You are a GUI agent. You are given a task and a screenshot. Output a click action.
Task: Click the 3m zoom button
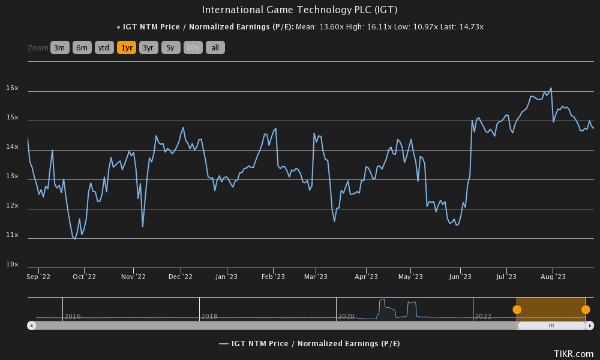[x=60, y=47]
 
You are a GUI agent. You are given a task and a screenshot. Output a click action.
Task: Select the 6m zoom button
[x=82, y=47]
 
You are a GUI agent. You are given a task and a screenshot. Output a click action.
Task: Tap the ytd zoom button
[x=104, y=47]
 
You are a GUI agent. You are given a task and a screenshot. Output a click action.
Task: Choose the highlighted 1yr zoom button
[x=127, y=47]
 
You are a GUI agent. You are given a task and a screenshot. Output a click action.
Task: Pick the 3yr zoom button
[x=148, y=47]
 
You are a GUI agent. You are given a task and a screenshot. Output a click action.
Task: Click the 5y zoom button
[x=170, y=47]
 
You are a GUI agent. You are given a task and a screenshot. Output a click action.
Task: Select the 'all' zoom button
[x=215, y=47]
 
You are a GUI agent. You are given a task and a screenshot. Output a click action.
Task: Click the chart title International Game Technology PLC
[x=299, y=10]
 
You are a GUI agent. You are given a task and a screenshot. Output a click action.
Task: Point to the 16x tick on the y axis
[x=13, y=88]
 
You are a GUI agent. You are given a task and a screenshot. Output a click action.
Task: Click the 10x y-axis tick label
[x=13, y=265]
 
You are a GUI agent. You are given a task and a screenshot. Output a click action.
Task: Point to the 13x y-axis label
[x=13, y=176]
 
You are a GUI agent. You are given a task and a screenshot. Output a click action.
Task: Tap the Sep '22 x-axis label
[x=38, y=277]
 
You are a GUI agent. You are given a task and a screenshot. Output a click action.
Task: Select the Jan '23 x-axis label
[x=227, y=277]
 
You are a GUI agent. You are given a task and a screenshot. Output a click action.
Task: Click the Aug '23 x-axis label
[x=553, y=277]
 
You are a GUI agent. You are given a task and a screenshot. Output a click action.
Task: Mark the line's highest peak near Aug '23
[x=551, y=88]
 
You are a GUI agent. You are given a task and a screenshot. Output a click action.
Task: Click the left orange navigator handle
[x=517, y=310]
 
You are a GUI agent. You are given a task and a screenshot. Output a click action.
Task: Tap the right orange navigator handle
[x=586, y=310]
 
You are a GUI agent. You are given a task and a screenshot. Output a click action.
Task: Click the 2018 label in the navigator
[x=209, y=316]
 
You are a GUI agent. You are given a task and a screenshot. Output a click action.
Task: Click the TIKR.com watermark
[x=574, y=354]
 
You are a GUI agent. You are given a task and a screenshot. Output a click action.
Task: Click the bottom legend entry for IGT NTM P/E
[x=309, y=343]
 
